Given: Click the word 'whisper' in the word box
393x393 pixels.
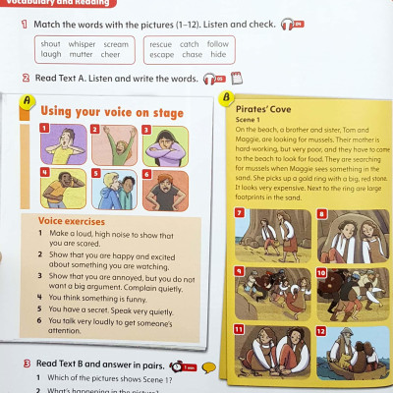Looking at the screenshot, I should point(82,44).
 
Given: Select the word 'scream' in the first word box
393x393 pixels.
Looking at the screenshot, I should point(116,44).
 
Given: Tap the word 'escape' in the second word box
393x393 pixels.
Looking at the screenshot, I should point(160,55).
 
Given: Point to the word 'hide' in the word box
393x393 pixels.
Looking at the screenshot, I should point(217,55).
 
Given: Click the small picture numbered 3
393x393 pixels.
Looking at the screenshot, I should point(159,145).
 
